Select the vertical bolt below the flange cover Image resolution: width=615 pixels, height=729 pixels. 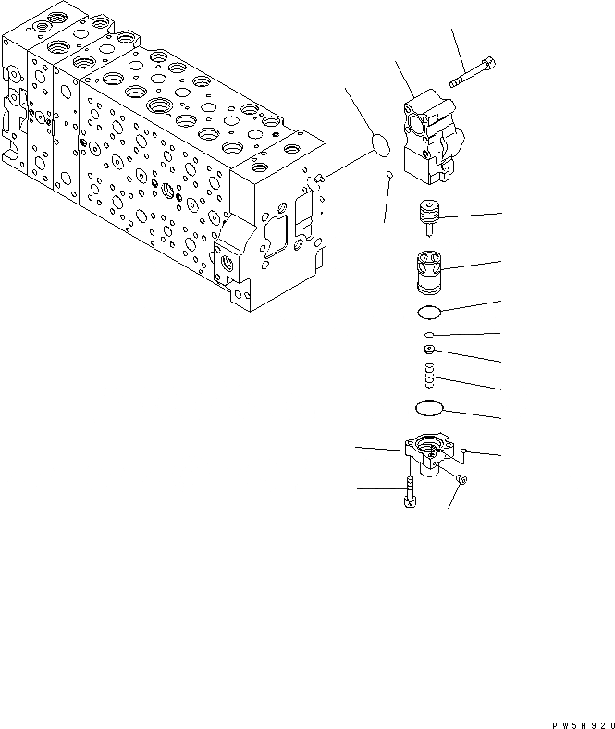coord(407,494)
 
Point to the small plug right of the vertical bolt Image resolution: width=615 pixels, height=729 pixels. coord(461,479)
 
